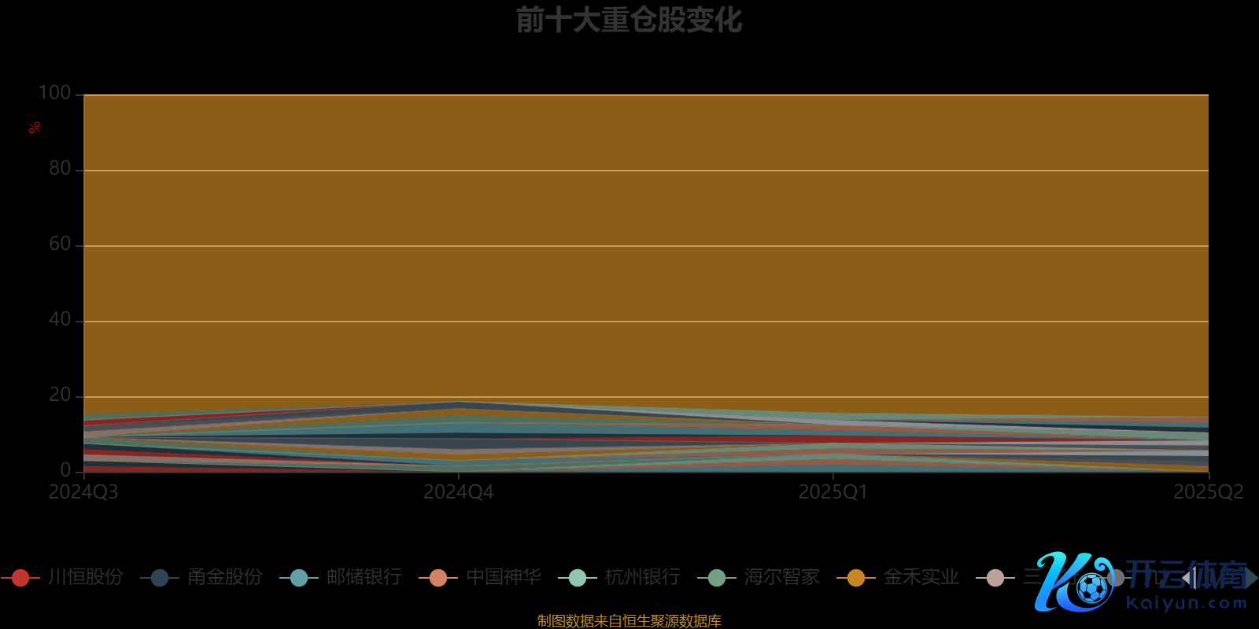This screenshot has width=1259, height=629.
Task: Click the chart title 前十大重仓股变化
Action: (629, 20)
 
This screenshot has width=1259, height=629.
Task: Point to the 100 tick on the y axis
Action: (55, 94)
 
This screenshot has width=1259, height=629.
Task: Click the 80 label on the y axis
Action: (60, 169)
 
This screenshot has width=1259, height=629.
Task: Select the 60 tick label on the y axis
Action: (60, 245)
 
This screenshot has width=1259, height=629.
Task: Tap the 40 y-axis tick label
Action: (60, 320)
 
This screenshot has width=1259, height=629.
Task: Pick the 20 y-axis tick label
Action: (60, 395)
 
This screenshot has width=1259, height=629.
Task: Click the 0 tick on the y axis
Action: (65, 470)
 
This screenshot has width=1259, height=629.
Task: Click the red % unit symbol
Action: (35, 127)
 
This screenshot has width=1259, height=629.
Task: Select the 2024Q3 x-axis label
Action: (83, 492)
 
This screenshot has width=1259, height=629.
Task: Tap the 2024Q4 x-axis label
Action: (459, 492)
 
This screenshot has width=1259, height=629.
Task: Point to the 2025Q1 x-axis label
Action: (833, 492)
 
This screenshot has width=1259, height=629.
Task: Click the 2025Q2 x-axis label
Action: (1209, 492)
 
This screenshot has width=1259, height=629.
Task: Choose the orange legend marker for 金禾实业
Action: (855, 578)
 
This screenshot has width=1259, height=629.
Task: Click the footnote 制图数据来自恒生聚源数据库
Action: (629, 621)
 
